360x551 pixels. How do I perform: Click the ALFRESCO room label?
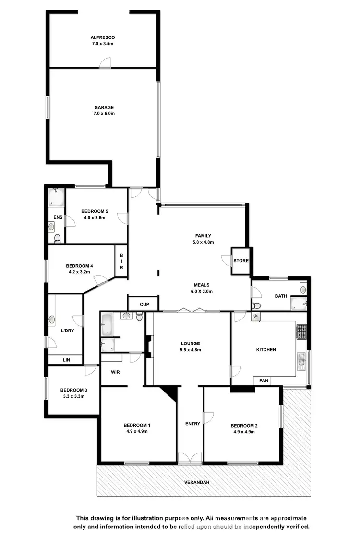[103, 37]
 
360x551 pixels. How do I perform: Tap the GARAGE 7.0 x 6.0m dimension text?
[104, 114]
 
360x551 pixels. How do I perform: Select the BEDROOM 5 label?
[95, 211]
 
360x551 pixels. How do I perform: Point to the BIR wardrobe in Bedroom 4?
[121, 261]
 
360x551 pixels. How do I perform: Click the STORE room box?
[241, 261]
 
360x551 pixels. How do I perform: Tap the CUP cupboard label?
[144, 304]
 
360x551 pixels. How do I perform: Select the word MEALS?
[201, 285]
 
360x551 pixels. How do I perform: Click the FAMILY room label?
[203, 236]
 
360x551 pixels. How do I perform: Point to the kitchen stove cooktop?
[301, 332]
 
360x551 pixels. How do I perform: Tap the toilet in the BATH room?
[256, 306]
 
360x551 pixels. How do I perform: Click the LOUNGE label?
[190, 343]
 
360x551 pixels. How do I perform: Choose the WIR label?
[115, 372]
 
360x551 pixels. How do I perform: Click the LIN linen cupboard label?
[65, 359]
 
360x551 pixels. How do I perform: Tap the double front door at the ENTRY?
[190, 458]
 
